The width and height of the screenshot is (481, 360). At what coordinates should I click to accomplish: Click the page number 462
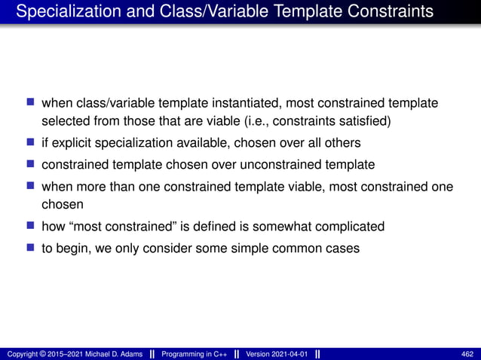tap(467, 354)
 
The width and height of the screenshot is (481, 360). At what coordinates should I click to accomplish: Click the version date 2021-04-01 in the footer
tap(286, 354)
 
